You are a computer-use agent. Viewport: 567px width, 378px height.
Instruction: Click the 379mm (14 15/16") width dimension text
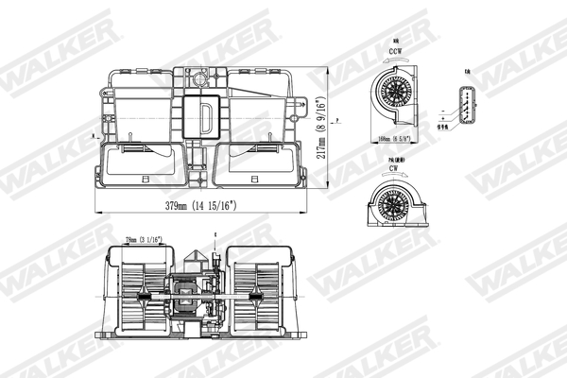203,205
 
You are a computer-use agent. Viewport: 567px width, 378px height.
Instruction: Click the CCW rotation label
395,54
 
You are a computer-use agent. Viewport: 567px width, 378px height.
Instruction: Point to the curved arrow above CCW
395,43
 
